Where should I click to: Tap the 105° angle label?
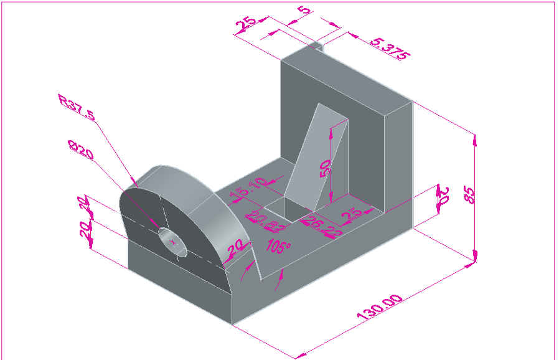278,246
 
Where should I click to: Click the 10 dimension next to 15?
257,184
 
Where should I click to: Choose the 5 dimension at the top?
303,11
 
